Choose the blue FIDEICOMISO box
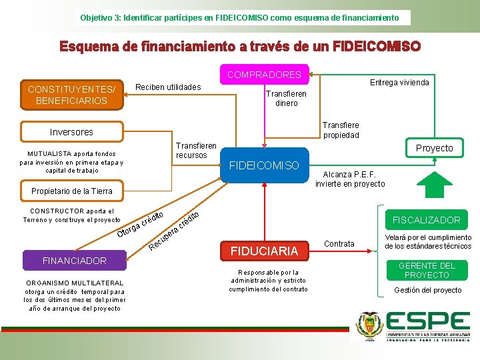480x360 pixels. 264,165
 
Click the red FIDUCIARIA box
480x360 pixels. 264,251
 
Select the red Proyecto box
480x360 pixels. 434,148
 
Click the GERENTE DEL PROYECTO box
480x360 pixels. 427,270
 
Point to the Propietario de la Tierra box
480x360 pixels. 72,191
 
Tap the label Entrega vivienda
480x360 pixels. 399,82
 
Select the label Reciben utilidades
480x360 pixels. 167,87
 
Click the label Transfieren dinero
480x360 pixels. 287,99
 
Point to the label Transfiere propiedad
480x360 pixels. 341,130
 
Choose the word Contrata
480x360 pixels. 339,244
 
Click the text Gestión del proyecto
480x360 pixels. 427,290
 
